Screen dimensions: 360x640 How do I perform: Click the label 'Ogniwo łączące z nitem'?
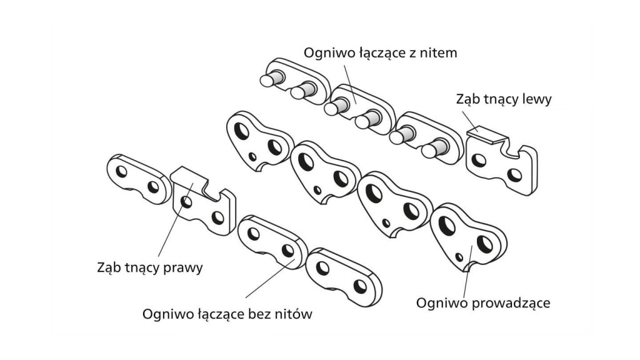380,53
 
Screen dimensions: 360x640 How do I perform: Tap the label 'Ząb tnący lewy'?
504,99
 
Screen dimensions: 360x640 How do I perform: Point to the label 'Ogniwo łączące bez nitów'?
227,313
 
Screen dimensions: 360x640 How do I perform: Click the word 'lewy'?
537,99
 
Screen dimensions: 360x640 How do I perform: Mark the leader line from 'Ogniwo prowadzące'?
464,275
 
